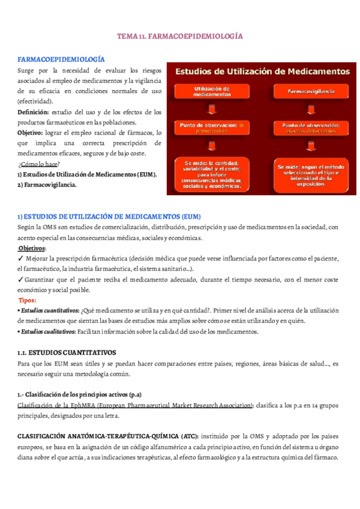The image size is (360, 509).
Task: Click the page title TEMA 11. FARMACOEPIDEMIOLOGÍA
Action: [179, 37]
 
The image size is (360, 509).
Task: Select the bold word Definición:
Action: [34, 112]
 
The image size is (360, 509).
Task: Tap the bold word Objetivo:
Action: [32, 133]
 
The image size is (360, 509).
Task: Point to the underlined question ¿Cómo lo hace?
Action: [38, 164]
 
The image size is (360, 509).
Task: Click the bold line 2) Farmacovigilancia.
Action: [47, 185]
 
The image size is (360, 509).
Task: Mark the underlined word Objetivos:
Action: [32, 248]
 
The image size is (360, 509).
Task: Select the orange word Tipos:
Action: [28, 300]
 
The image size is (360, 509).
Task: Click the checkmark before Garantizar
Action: [21, 279]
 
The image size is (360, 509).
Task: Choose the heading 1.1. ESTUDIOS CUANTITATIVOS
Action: [67, 352]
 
